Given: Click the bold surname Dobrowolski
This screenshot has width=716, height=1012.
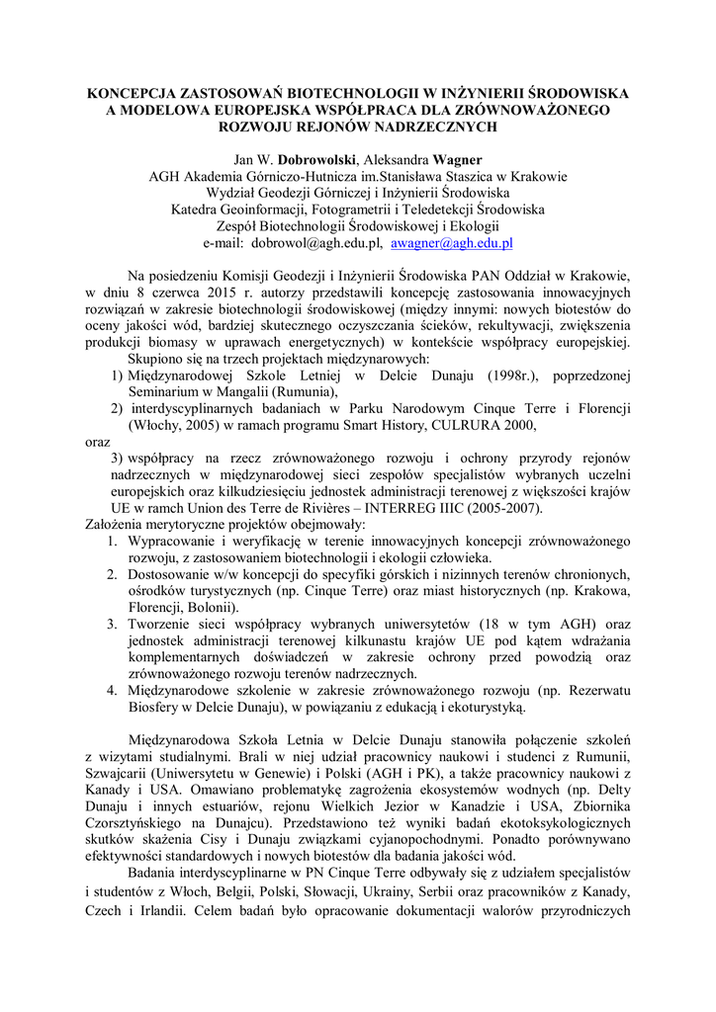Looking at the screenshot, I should [318, 159].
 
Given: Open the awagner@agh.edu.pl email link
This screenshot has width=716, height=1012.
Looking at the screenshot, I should [451, 243].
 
